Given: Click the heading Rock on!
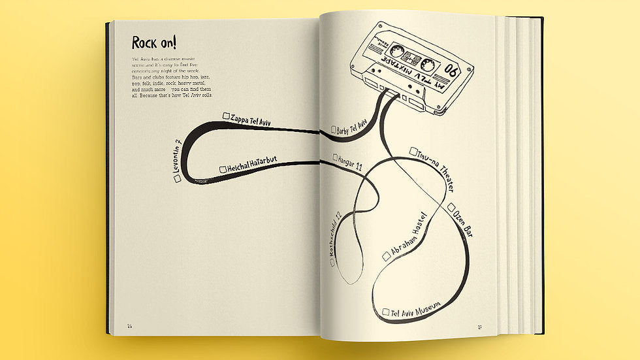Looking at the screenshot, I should [x=153, y=43].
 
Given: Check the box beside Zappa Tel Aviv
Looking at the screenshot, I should [x=226, y=116].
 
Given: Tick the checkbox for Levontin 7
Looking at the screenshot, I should [x=178, y=177].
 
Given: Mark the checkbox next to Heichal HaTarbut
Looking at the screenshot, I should [x=223, y=169].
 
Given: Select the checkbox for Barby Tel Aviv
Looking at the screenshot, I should [x=334, y=129].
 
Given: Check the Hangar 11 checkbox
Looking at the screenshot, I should [x=335, y=157].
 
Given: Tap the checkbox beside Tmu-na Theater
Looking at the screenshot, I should [x=413, y=152].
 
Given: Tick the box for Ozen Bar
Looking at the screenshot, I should [x=451, y=208].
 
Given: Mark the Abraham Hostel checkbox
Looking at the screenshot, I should [x=387, y=257].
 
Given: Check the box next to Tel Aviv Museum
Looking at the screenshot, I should [x=386, y=312].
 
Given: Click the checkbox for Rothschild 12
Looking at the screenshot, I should [x=332, y=262].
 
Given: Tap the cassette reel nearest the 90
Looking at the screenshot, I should [x=428, y=65].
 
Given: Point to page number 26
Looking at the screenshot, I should [x=130, y=326].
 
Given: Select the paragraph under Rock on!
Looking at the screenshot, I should [x=172, y=78].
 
